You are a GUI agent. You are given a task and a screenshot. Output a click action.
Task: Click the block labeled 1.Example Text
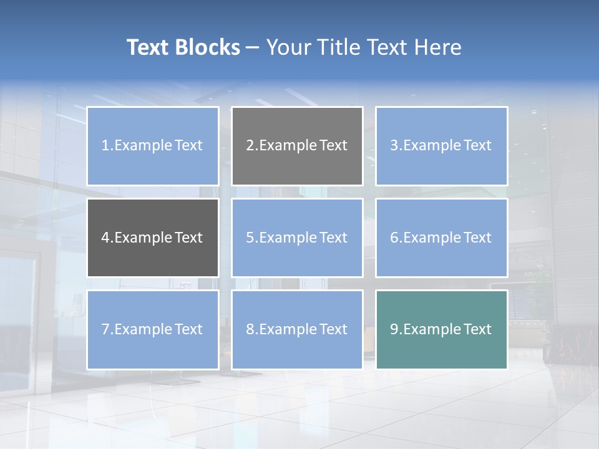tap(153, 146)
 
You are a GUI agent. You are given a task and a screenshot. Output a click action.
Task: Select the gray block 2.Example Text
tap(297, 146)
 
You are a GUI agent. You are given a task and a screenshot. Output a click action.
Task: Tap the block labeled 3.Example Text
tap(441, 146)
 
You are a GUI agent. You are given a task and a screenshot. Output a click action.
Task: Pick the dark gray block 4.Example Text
tap(153, 238)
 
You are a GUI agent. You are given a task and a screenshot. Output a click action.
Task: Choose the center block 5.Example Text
tap(297, 238)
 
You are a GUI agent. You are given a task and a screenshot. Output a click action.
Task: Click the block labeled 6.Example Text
tap(441, 238)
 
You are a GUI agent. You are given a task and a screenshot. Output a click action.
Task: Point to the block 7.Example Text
tap(153, 329)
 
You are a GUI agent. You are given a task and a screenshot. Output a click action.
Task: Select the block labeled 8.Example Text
tap(297, 329)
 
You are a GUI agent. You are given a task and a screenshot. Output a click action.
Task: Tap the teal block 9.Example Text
tap(441, 329)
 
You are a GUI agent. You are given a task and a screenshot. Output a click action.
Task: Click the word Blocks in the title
tap(208, 47)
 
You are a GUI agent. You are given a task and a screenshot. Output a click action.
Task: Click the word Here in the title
tap(439, 47)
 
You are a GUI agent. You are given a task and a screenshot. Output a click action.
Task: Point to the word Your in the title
tap(288, 47)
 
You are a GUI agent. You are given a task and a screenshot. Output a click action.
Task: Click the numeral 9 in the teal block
tap(394, 329)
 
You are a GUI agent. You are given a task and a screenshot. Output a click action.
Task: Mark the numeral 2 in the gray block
tap(250, 146)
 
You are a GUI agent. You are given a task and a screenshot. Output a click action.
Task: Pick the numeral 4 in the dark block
tap(105, 238)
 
